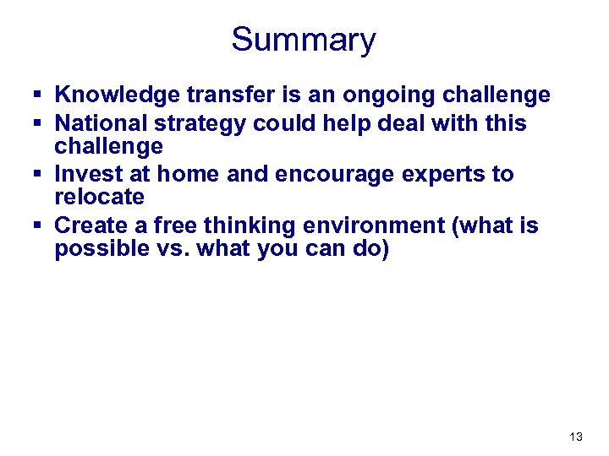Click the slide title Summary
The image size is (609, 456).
click(304, 40)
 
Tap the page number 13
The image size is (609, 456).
click(576, 437)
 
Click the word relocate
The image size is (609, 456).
click(99, 198)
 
